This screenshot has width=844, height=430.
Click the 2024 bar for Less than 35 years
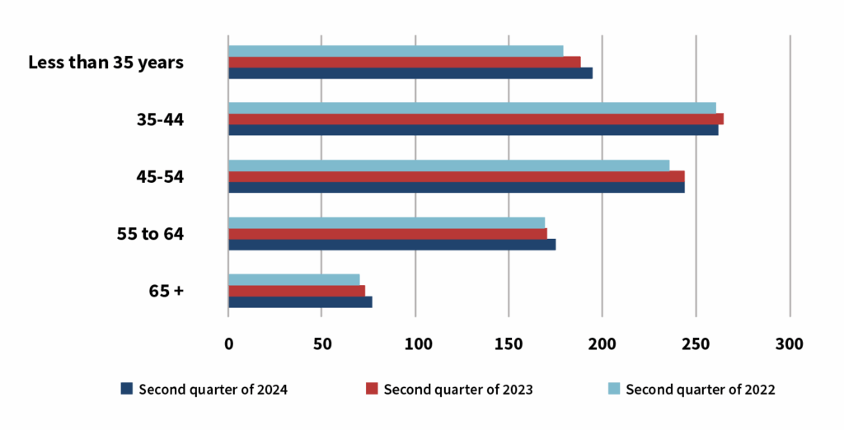pos(410,73)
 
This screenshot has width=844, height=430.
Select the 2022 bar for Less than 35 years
pos(396,51)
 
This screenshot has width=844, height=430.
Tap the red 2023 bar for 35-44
pos(476,119)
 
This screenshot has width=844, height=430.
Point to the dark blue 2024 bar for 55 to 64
pos(392,245)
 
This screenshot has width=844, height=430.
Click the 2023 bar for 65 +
pos(296,291)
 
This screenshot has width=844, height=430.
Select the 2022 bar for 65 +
pos(293,279)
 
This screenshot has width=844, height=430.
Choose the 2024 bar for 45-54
pos(456,187)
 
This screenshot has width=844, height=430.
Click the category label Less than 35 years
pos(105,63)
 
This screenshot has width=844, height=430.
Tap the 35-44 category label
pos(160,119)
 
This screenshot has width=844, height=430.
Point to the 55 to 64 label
pos(150,234)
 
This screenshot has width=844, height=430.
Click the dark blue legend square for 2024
pos(126,389)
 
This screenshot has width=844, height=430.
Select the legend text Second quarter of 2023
pos(458,390)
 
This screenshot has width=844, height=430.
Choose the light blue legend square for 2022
pos(614,389)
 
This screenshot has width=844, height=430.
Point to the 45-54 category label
pos(160,176)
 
